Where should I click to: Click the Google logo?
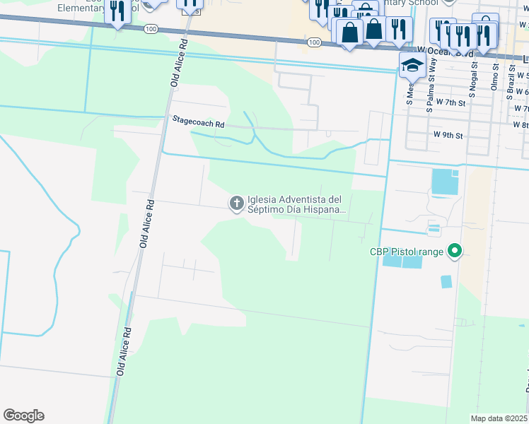(23, 416)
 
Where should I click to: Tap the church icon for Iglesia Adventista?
(236, 204)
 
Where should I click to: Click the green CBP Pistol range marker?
(455, 251)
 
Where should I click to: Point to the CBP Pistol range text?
(406, 252)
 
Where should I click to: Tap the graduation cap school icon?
(412, 65)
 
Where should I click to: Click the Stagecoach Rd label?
(198, 122)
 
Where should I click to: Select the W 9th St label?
(448, 135)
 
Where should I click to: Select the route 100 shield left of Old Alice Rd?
(149, 30)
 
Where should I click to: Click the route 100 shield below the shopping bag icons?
(313, 43)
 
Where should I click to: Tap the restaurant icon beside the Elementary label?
(116, 11)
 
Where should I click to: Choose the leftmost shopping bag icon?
(349, 32)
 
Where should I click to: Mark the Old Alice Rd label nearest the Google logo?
(124, 351)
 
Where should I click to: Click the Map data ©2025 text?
(499, 418)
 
